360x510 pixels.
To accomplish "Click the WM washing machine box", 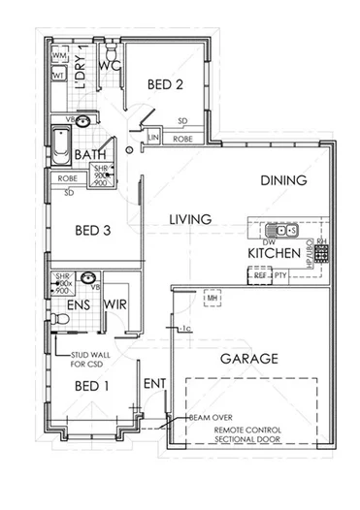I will (58, 57).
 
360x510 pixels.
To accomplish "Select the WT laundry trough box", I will (58, 76).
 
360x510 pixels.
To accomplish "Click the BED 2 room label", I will (165, 85).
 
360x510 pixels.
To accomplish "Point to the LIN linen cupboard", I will (153, 139).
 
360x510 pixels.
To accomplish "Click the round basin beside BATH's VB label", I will (85, 121).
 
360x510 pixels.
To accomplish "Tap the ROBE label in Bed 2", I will (183, 139).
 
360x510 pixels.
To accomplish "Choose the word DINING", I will (283, 180).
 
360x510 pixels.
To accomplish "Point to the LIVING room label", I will (190, 220).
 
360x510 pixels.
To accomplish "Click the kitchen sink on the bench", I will (282, 231).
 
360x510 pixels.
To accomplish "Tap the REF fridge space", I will (260, 275).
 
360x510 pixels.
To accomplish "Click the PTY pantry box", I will (280, 275).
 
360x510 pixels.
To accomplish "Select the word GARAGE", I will (249, 358).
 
